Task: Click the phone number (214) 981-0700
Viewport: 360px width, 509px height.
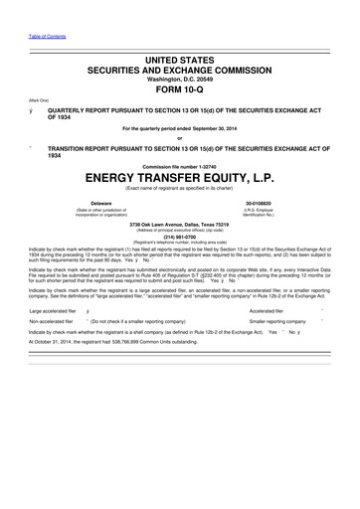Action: click(x=180, y=237)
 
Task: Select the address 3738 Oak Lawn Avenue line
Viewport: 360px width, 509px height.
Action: click(x=180, y=224)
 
